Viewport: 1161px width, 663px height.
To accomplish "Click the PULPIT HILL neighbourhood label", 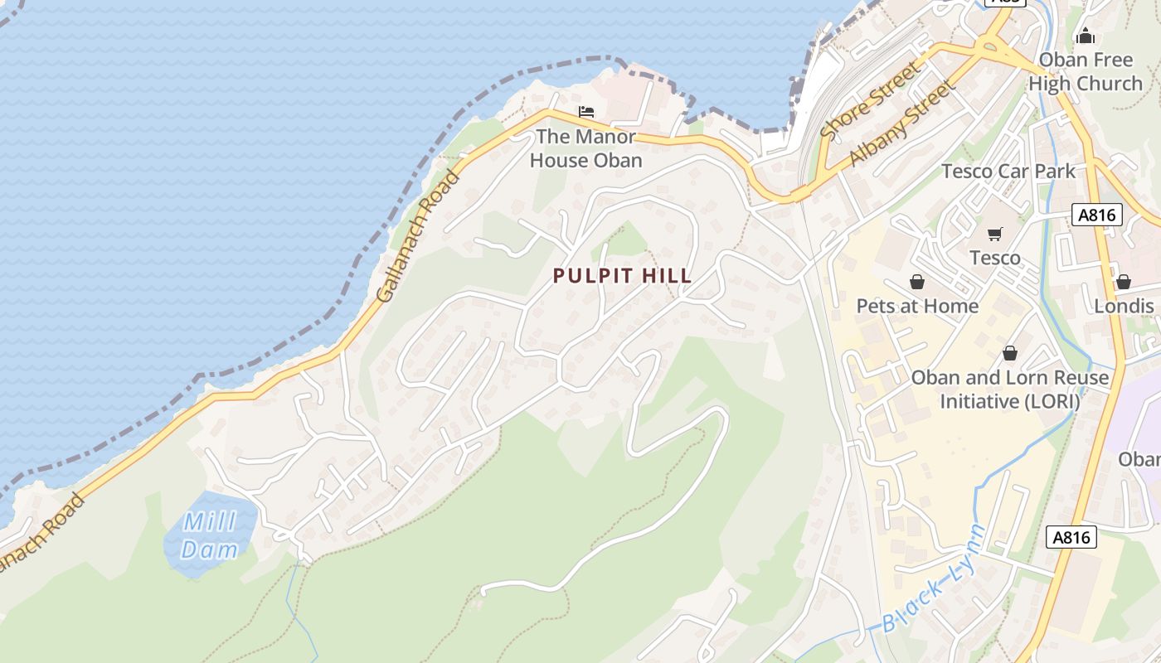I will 622,276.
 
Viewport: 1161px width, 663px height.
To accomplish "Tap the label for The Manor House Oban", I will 585,148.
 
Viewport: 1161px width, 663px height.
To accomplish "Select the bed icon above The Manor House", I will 586,111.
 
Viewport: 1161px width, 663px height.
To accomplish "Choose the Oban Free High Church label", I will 1085,72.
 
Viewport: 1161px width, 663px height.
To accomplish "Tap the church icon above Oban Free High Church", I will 1085,36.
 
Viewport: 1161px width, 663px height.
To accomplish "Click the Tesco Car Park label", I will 1008,172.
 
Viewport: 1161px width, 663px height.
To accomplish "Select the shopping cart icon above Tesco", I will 994,234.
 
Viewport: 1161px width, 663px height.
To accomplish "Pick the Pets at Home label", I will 917,306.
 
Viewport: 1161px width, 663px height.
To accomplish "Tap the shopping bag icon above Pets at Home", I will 917,282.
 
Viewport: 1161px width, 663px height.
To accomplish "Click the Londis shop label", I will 1124,306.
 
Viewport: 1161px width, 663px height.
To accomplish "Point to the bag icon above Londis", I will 1124,282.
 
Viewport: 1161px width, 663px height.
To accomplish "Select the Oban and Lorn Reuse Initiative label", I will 1009,390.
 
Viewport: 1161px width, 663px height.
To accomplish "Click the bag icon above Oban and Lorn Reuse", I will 1009,353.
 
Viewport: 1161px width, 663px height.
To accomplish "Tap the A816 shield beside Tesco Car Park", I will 1097,215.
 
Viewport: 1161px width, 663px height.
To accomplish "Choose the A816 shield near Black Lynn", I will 1071,537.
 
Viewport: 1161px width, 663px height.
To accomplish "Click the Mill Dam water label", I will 209,535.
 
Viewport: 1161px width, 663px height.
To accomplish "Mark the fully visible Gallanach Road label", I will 418,236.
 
